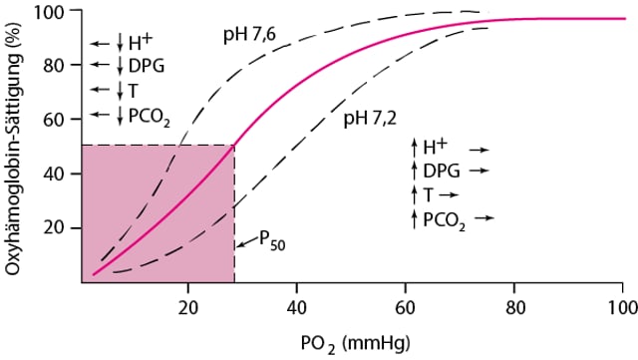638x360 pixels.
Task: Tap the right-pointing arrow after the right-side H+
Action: tap(480, 149)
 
